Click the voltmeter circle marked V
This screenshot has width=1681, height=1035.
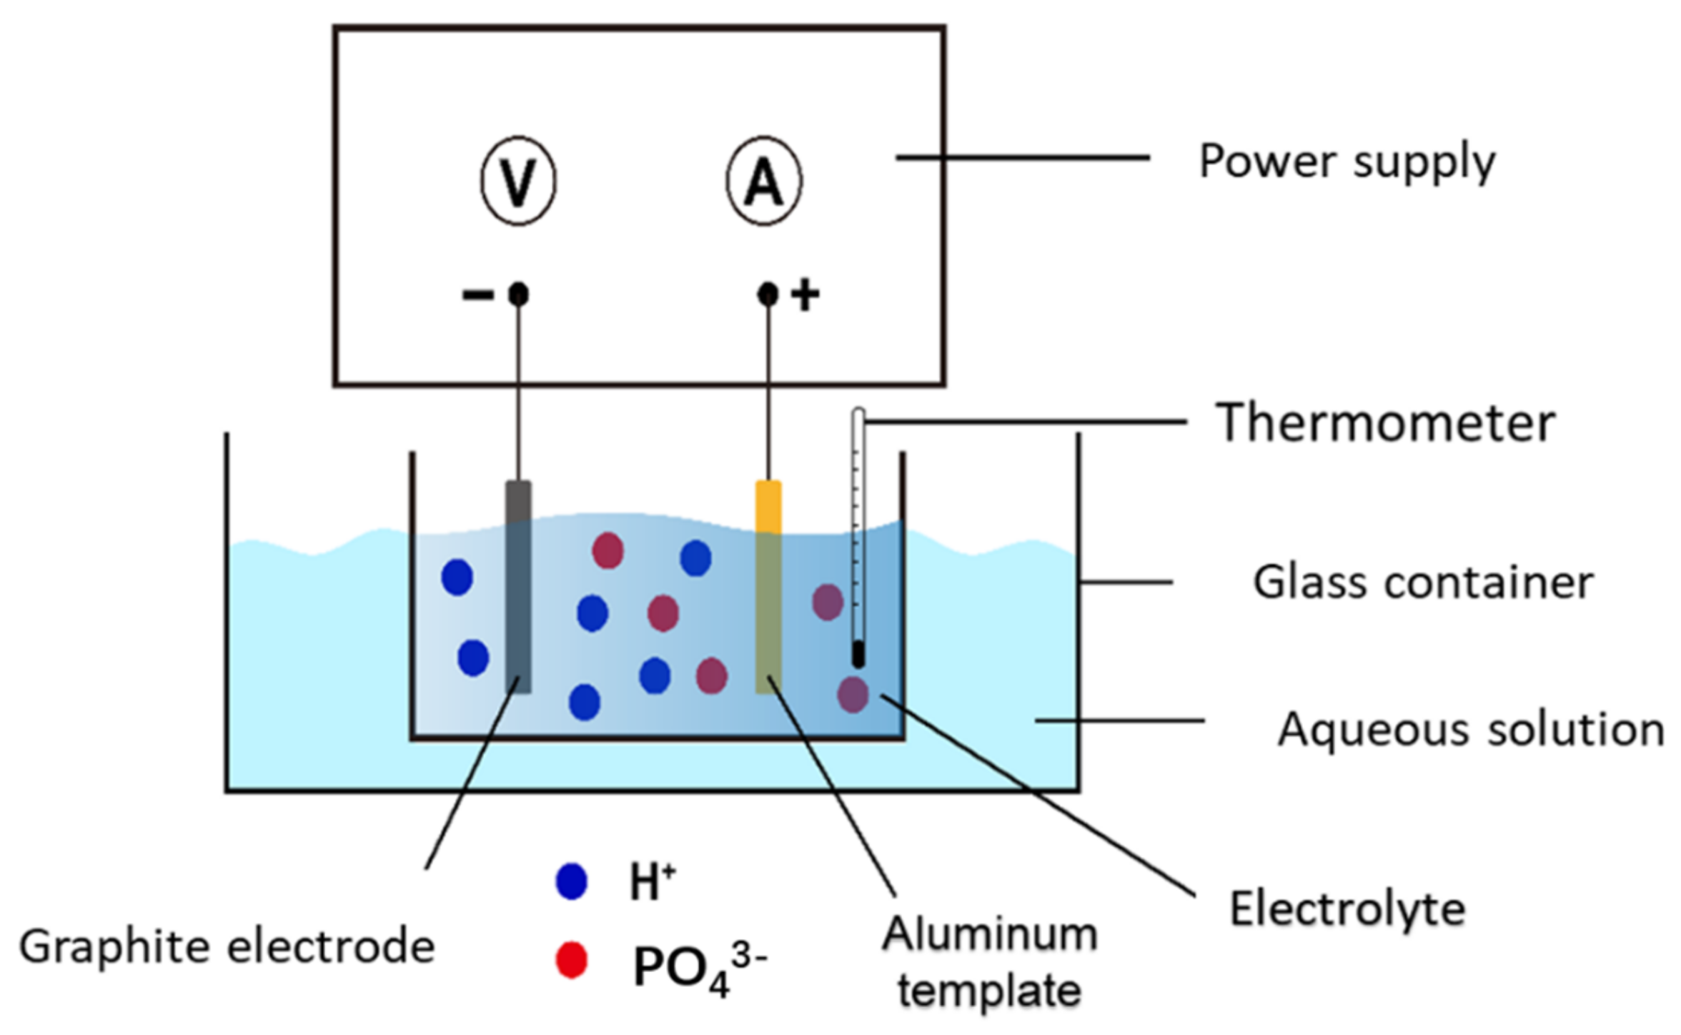(x=518, y=182)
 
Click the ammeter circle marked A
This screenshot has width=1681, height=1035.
(x=764, y=182)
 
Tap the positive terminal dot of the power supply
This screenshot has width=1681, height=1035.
(x=768, y=294)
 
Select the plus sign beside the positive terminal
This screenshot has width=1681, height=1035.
(x=805, y=294)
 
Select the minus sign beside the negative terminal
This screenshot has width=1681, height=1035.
(x=477, y=294)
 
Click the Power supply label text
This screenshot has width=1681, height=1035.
(x=1347, y=162)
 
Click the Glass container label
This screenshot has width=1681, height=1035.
(x=1423, y=583)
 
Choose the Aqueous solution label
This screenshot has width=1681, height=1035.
(x=1471, y=730)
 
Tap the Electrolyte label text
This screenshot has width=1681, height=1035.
(x=1347, y=910)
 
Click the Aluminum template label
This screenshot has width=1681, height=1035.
(x=990, y=962)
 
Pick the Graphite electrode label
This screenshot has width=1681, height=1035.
(x=227, y=946)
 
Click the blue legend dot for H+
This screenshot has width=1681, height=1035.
(x=572, y=881)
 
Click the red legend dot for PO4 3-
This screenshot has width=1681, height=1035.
(x=572, y=961)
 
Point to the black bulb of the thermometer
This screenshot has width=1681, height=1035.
(x=858, y=654)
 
